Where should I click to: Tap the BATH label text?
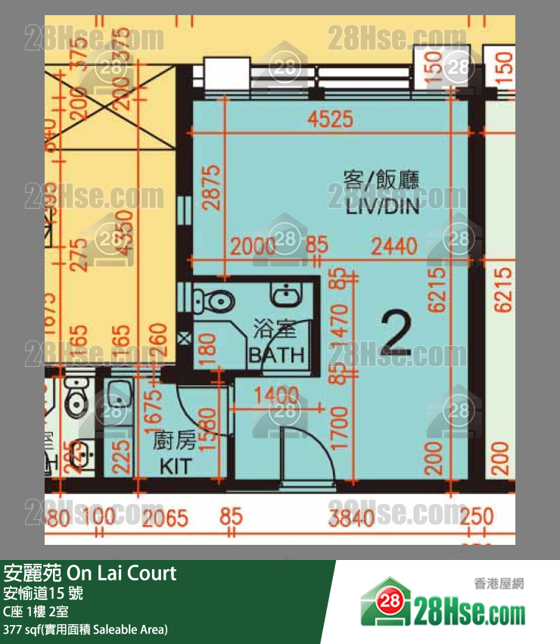276,354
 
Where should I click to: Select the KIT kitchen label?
175,467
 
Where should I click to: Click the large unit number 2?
396,333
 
